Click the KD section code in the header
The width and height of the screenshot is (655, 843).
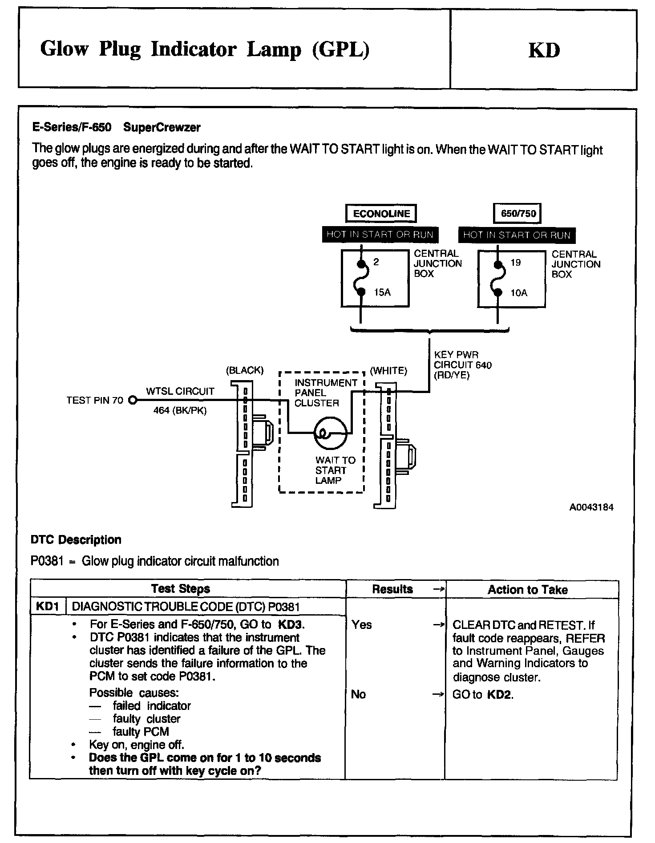point(544,50)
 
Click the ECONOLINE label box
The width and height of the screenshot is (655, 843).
point(381,214)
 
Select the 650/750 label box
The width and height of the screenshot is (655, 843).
point(518,214)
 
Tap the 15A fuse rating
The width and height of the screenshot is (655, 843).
point(382,292)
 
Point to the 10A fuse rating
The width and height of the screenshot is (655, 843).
point(519,293)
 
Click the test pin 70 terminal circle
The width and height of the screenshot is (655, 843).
point(132,400)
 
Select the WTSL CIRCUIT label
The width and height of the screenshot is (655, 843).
point(180,391)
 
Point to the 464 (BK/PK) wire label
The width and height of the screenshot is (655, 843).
point(180,411)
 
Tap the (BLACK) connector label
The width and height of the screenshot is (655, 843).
point(245,370)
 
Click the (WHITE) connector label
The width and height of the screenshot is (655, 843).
point(388,371)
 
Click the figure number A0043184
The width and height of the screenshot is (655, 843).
point(591,507)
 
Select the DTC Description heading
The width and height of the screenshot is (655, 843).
point(76,540)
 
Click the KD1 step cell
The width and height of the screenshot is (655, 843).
point(48,606)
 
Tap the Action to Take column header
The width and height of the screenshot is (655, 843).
point(528,590)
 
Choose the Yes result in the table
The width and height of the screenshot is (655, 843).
point(361,624)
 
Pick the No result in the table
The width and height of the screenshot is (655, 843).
point(358,694)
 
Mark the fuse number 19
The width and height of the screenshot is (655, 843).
point(515,263)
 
